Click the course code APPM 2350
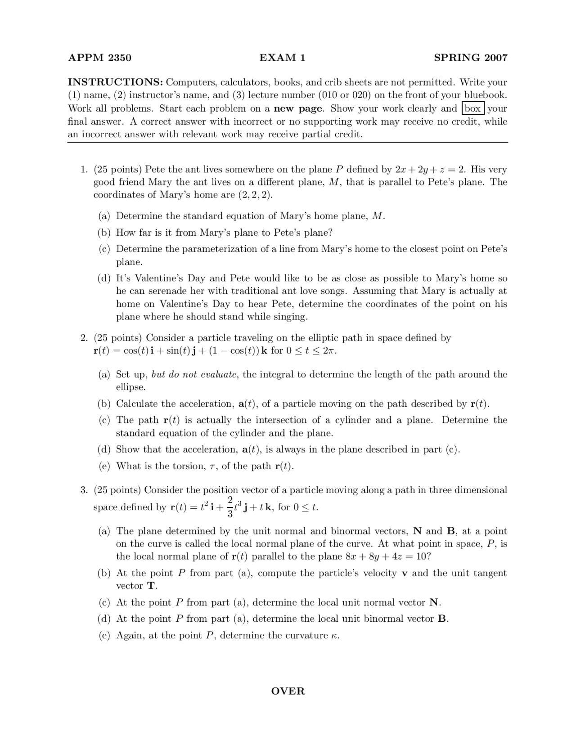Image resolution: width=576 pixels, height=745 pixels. (x=99, y=58)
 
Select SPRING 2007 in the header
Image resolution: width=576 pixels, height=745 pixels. (x=470, y=58)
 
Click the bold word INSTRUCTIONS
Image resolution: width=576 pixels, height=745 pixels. (x=115, y=82)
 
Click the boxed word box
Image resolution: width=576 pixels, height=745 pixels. (x=472, y=108)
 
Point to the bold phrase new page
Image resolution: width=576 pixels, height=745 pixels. (x=298, y=108)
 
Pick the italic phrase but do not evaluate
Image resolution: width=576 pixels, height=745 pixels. (x=194, y=375)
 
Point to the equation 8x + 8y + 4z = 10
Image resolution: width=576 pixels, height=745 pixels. (x=388, y=557)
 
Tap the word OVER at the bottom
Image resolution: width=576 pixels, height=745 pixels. (x=288, y=691)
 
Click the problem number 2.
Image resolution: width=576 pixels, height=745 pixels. (x=84, y=338)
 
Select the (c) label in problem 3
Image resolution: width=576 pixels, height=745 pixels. (x=104, y=602)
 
